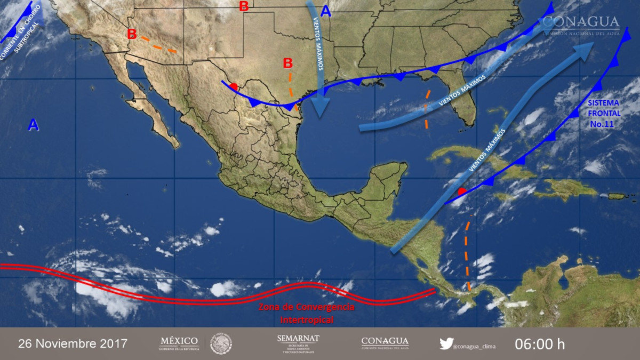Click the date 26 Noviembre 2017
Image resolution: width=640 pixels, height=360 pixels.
pyautogui.click(x=73, y=343)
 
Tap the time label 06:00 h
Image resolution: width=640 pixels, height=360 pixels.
pyautogui.click(x=539, y=343)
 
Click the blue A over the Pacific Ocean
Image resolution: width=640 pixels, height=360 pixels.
pyautogui.click(x=33, y=125)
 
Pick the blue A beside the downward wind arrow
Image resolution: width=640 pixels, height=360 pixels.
pyautogui.click(x=326, y=11)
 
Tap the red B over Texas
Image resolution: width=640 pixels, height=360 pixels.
pyautogui.click(x=287, y=63)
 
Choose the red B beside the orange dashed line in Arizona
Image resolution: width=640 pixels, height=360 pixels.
pyautogui.click(x=132, y=34)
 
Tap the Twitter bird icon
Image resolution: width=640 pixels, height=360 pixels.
pyautogui.click(x=446, y=343)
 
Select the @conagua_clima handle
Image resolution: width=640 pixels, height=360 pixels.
pyautogui.click(x=474, y=346)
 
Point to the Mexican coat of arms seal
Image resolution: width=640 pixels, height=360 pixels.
pyautogui.click(x=221, y=343)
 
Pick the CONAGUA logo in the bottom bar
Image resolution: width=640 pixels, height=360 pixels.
pyautogui.click(x=385, y=343)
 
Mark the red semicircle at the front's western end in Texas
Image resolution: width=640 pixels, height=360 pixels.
pyautogui.click(x=233, y=87)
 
